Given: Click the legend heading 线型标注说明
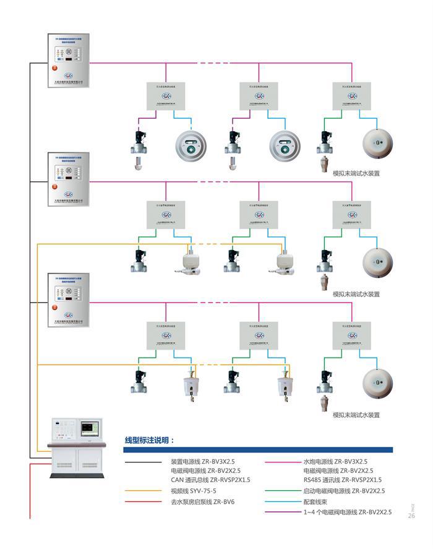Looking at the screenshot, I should tap(150, 441).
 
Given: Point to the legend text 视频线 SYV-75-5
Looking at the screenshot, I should tap(194, 491).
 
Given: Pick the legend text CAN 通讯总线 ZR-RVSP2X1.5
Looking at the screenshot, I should tap(211, 480).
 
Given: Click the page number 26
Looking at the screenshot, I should tap(411, 516).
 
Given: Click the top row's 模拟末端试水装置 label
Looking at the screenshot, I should tap(356, 173).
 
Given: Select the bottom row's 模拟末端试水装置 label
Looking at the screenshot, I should tap(356, 415).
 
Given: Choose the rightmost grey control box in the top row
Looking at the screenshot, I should tap(351, 95).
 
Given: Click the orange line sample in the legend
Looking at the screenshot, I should tap(144, 491).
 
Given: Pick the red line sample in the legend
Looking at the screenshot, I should tap(144, 502).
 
